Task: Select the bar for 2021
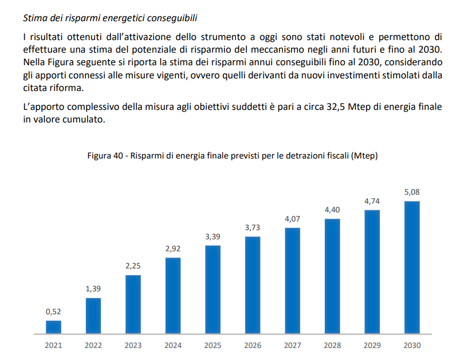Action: point(53,327)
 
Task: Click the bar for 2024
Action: point(173,295)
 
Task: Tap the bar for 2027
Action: point(293,280)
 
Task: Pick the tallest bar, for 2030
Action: point(412,267)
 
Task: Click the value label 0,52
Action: point(53,312)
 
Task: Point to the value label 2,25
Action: point(133,266)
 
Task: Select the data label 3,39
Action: point(213,236)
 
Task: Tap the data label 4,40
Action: point(332,210)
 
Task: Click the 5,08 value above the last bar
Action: point(412,192)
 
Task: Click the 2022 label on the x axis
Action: point(93,345)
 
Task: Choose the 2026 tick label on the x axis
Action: point(253,345)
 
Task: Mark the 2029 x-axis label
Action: point(372,345)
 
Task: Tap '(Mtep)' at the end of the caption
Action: point(365,156)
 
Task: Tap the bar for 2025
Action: point(213,290)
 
